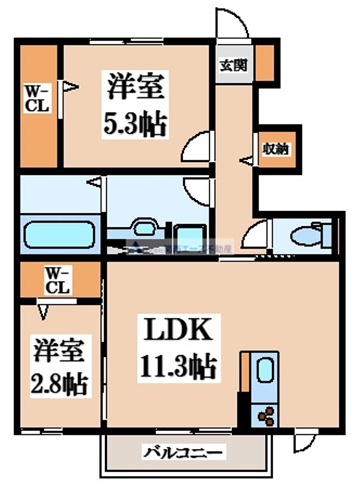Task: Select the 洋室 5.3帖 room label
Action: point(135,104)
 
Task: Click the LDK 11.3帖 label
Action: point(178,348)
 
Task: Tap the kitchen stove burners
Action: point(265,416)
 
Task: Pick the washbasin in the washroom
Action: point(144,227)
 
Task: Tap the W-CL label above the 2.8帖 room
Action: point(58,280)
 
